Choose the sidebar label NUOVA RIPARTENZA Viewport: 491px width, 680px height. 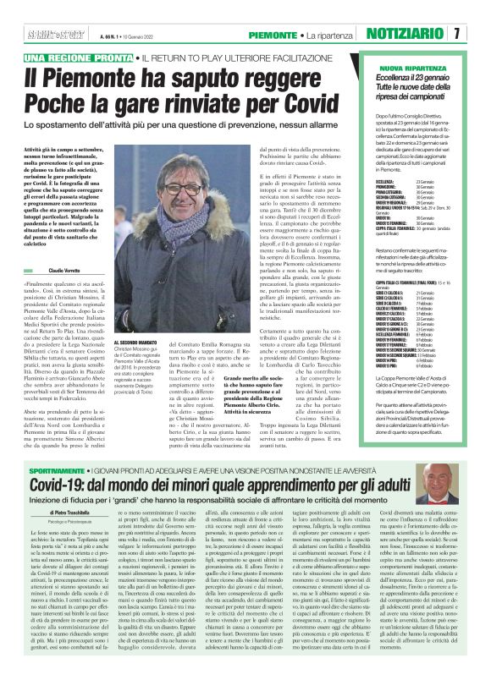tap(407, 67)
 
